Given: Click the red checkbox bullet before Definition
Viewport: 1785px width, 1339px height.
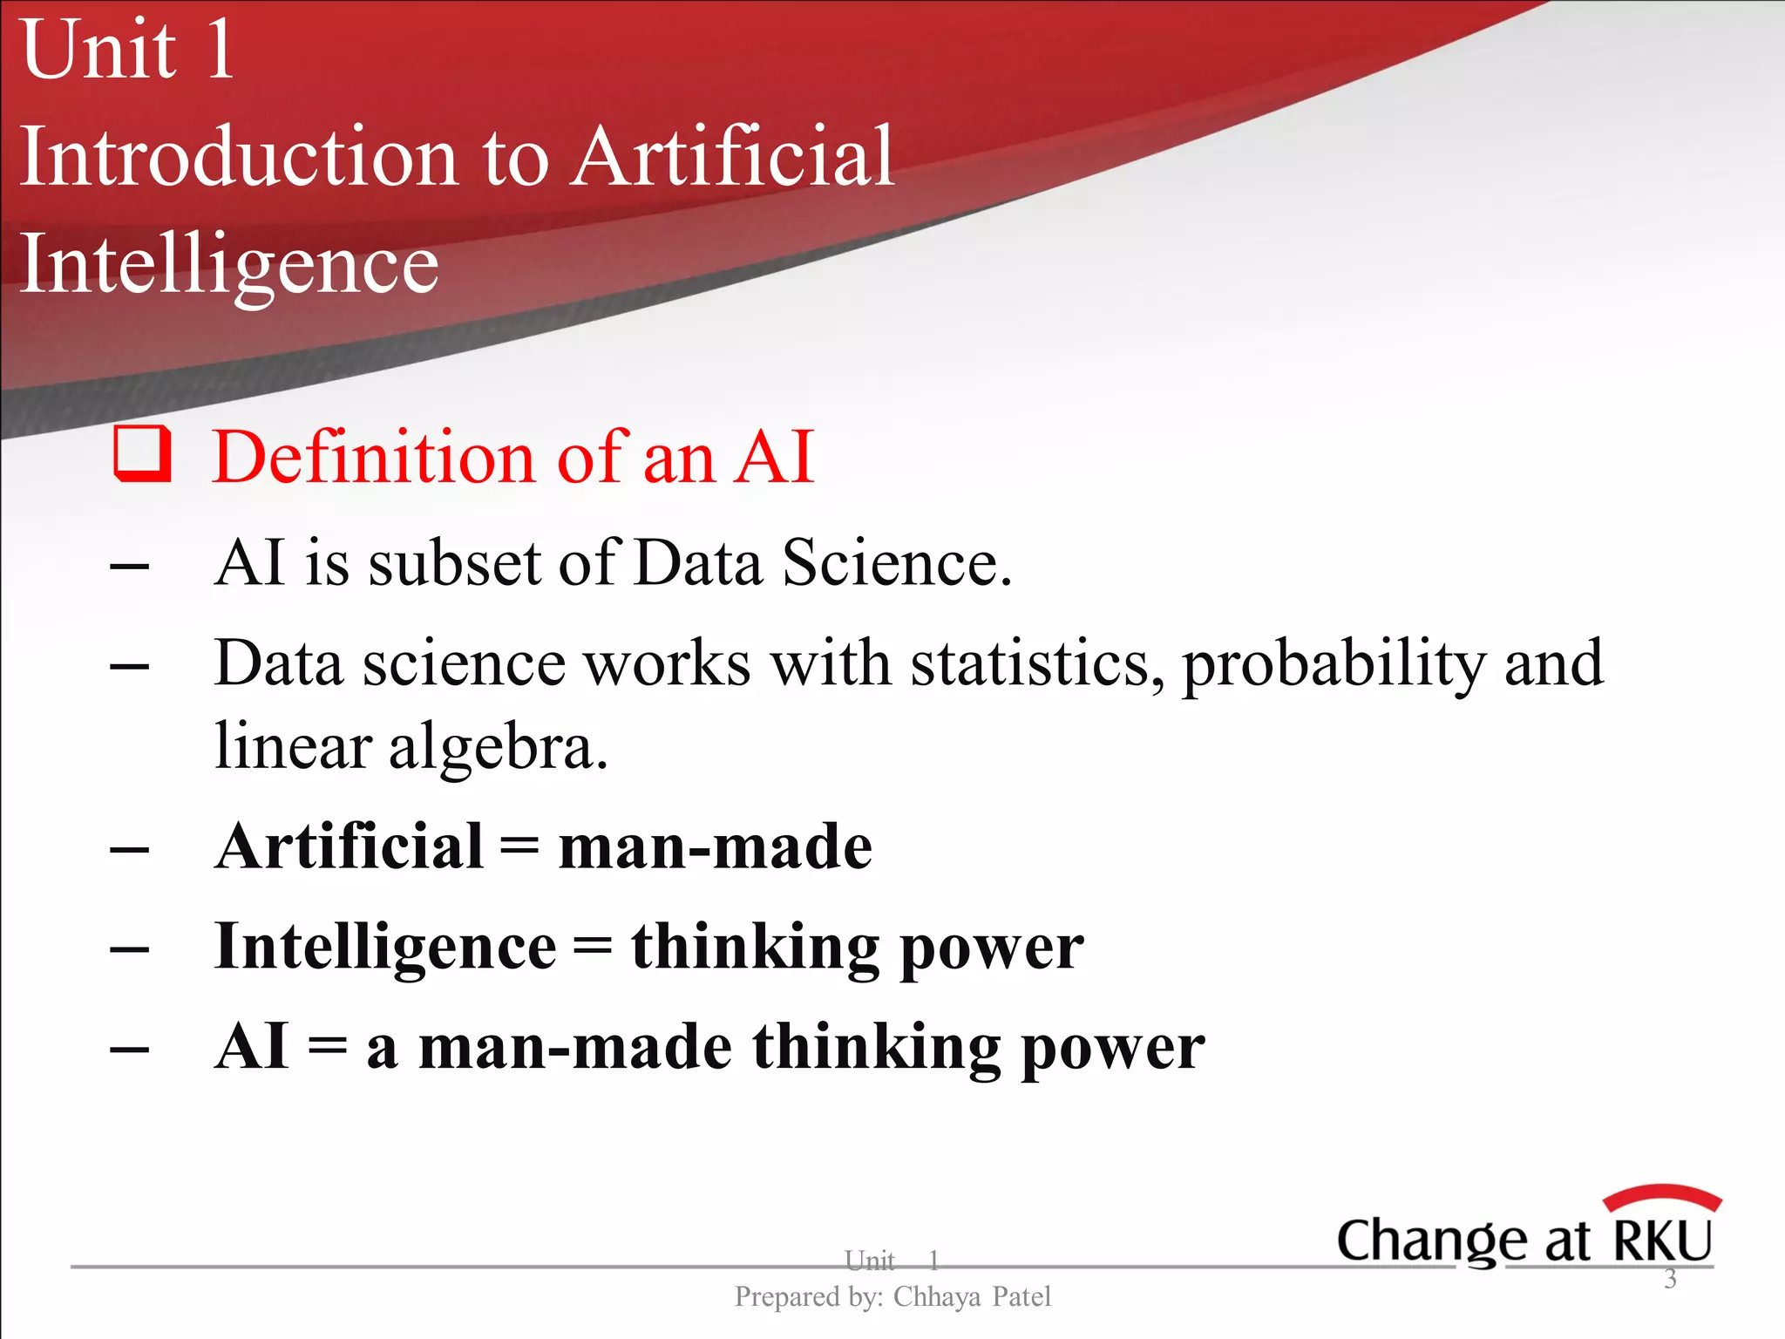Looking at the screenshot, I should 142,454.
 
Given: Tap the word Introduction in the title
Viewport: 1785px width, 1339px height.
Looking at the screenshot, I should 238,157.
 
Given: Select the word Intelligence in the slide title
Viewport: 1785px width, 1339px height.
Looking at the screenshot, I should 228,264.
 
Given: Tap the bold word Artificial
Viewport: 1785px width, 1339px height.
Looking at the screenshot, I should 349,846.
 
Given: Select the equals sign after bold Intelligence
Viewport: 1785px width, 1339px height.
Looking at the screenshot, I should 593,948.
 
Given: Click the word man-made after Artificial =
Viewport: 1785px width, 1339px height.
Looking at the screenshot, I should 715,846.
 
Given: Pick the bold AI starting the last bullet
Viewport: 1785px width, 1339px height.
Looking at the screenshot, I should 251,1047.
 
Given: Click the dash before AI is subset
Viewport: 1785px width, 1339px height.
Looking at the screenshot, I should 130,567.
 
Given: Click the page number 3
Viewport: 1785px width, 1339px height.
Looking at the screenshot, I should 1670,1279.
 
